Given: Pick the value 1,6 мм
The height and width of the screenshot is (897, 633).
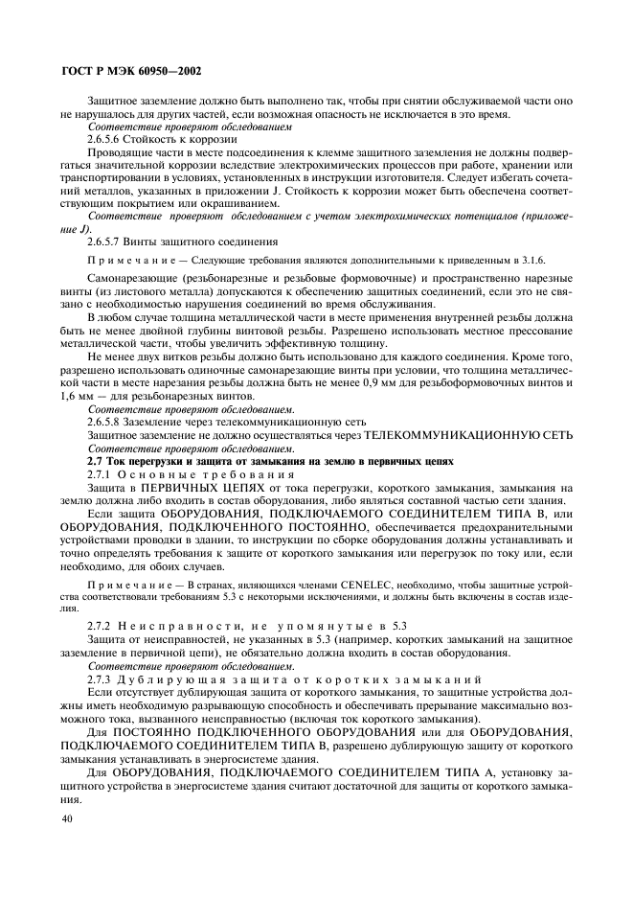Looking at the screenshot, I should [74, 396].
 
